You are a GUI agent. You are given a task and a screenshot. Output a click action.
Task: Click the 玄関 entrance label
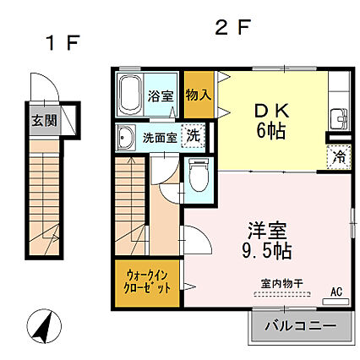(x=45, y=120)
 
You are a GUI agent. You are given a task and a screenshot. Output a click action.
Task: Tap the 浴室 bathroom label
(x=161, y=95)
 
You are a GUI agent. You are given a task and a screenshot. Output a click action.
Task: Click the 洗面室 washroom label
(x=159, y=137)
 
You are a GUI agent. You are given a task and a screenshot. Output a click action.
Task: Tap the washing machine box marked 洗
(x=194, y=136)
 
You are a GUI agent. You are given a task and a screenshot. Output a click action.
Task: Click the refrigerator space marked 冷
(x=335, y=156)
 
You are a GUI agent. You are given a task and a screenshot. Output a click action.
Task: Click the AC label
(x=335, y=292)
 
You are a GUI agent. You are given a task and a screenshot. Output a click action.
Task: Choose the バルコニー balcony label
(x=297, y=325)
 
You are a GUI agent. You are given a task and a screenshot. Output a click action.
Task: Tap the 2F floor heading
(x=232, y=27)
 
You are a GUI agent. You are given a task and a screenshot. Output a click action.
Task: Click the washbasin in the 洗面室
(x=127, y=137)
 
